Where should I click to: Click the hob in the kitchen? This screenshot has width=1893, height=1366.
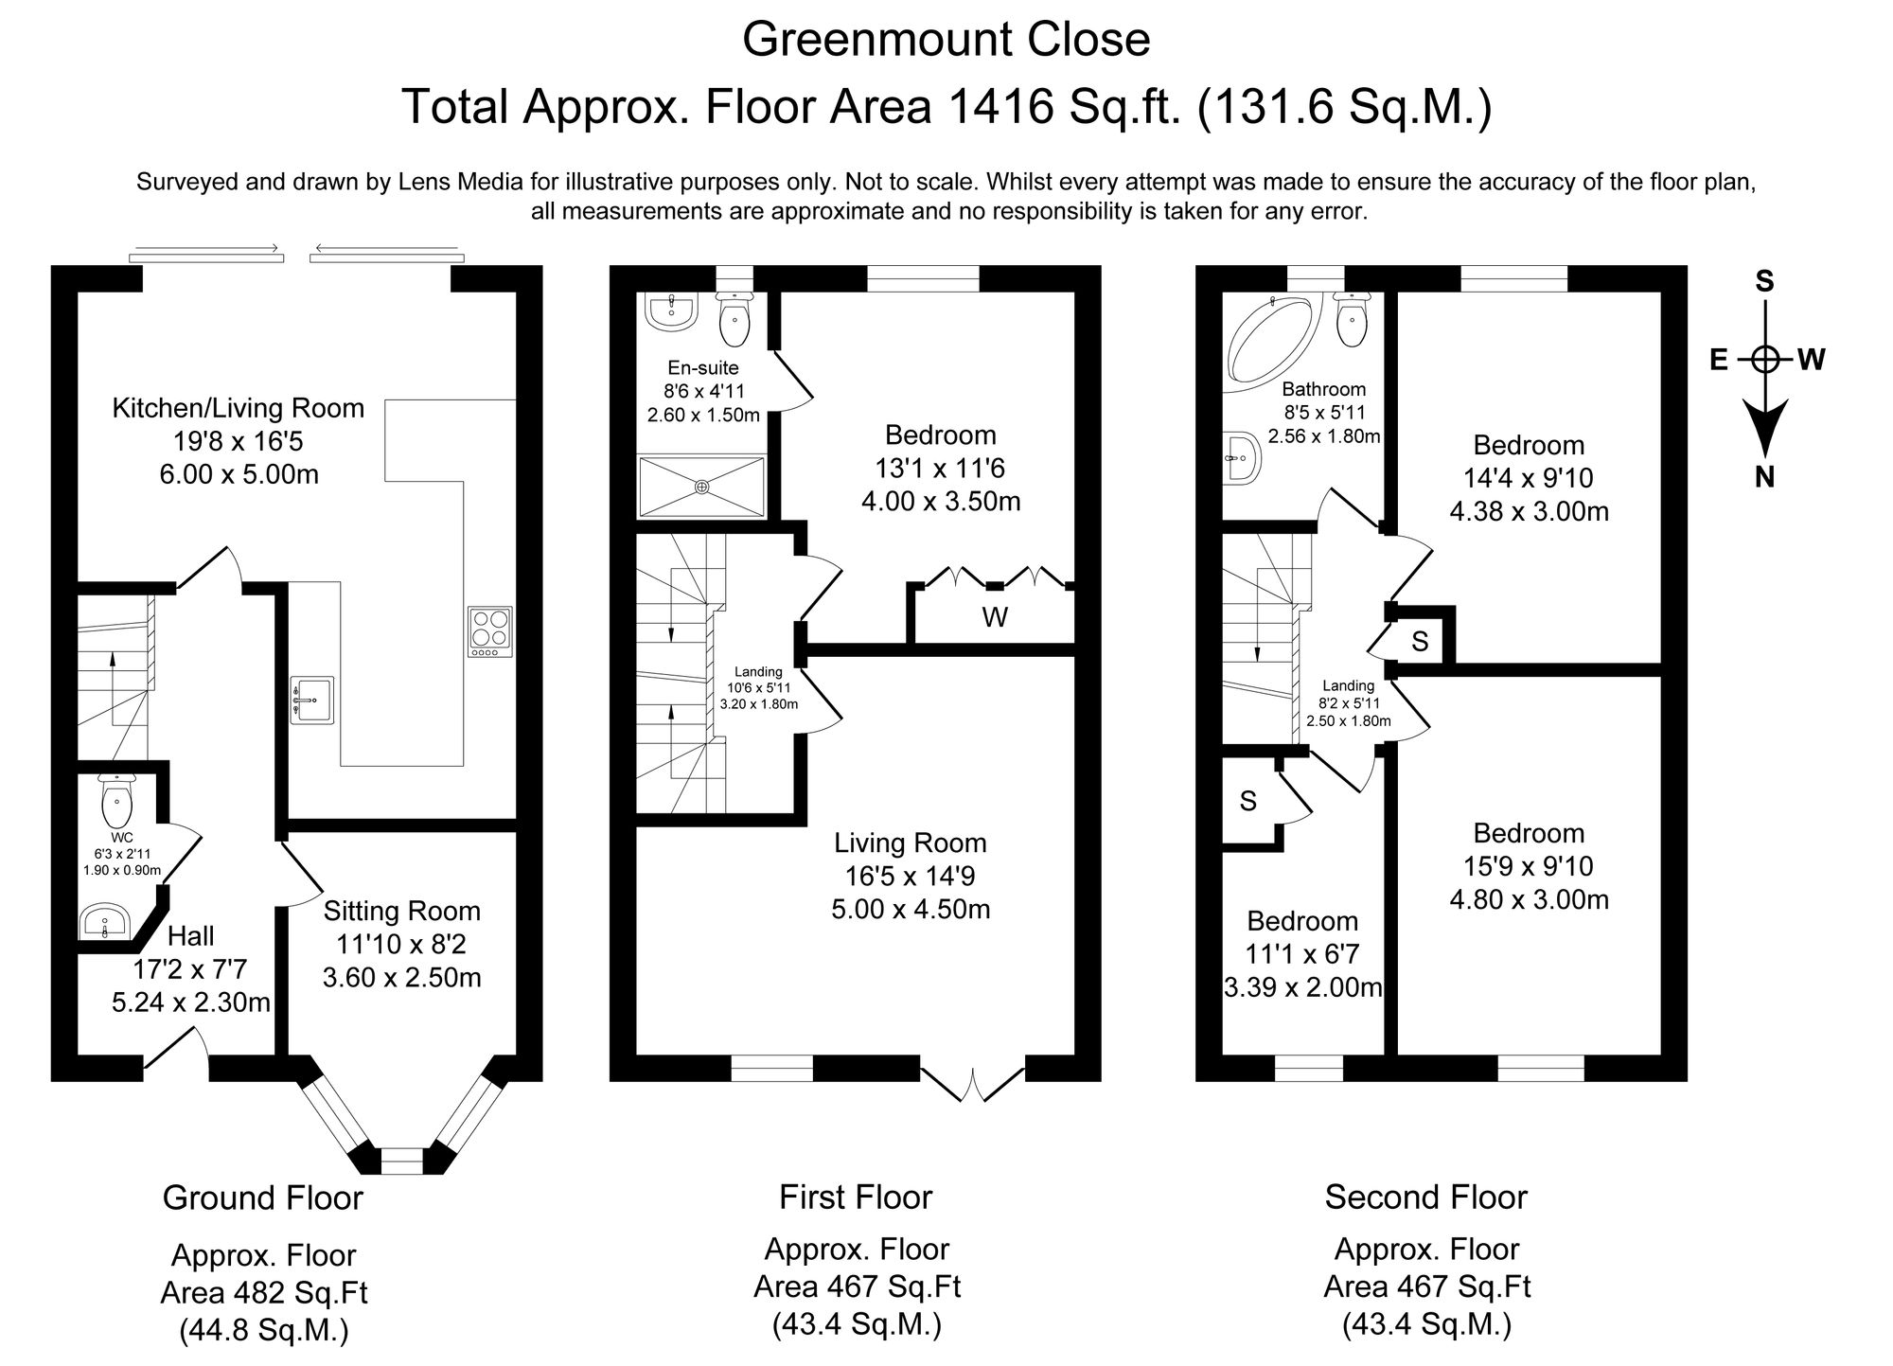coord(490,631)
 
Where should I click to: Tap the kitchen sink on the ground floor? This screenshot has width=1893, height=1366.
coord(312,700)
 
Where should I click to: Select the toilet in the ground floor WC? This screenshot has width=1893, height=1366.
coord(116,802)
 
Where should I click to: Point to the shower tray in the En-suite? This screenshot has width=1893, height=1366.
coord(701,487)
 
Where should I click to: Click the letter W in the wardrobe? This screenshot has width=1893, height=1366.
coord(994,618)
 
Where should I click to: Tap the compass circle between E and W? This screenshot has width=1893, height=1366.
coord(1764,360)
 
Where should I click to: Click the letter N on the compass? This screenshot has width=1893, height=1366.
coord(1764,478)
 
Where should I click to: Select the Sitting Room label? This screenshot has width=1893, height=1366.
coord(402,912)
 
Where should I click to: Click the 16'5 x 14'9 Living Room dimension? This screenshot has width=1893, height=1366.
coord(911,877)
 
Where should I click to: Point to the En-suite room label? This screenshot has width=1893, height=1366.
coord(702,367)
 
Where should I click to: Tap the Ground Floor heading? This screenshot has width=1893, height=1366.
coord(263,1198)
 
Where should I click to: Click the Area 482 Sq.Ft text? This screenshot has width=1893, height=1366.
coord(263,1293)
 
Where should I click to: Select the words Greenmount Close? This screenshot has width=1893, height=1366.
coord(946,40)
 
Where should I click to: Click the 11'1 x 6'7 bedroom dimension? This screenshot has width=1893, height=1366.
coord(1302,954)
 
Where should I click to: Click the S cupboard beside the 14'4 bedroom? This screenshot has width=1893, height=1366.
coord(1420,642)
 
